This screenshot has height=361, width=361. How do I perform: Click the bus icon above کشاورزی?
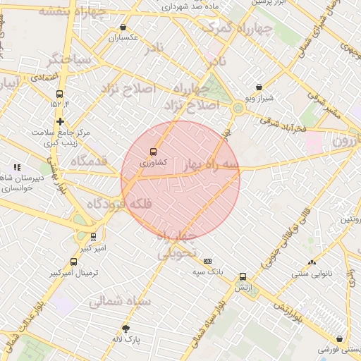(x=154, y=151)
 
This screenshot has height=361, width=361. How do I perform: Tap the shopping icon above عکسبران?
(x=123, y=27)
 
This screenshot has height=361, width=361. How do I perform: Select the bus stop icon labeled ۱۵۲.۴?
(x=59, y=93)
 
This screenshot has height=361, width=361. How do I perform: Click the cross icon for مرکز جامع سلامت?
(x=60, y=121)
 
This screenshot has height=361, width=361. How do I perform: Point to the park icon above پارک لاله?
(x=126, y=328)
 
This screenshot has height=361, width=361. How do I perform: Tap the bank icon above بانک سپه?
(x=207, y=260)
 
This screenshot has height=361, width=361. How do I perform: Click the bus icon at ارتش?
(x=243, y=276)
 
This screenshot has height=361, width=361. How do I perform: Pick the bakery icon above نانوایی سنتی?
(x=312, y=262)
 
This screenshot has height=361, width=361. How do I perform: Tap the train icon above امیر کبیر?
(x=94, y=238)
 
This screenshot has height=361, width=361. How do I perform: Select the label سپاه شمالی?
(x=120, y=301)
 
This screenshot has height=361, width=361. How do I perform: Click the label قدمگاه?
(x=88, y=161)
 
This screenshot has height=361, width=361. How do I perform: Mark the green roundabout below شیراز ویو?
(x=238, y=108)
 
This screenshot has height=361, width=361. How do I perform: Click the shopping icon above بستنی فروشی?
(x=341, y=338)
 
